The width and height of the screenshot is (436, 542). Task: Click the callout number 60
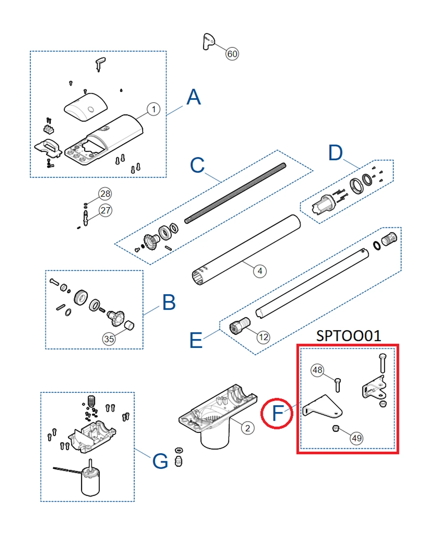(x=232, y=54)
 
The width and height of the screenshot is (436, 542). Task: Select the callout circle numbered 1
(x=154, y=109)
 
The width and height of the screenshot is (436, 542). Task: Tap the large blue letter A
(x=194, y=97)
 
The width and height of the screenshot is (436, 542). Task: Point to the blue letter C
(x=197, y=165)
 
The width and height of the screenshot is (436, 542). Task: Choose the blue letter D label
(x=335, y=153)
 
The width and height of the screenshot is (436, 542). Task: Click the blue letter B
(x=169, y=303)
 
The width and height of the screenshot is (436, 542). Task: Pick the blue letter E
(x=196, y=340)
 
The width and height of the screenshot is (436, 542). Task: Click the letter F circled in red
(x=277, y=414)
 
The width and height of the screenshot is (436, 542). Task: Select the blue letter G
(x=160, y=462)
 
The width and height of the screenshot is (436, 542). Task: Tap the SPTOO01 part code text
(x=348, y=336)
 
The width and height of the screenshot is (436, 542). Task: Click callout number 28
(x=105, y=194)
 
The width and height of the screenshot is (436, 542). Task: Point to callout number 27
(x=105, y=210)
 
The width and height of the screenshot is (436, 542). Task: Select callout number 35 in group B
(x=109, y=339)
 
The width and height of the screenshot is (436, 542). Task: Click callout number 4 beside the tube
(x=260, y=271)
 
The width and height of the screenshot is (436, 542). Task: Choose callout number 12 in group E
(x=263, y=338)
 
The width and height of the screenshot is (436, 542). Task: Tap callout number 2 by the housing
(x=247, y=428)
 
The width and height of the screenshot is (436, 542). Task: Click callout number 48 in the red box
(x=317, y=370)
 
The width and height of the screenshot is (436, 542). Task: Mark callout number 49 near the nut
(x=356, y=438)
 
